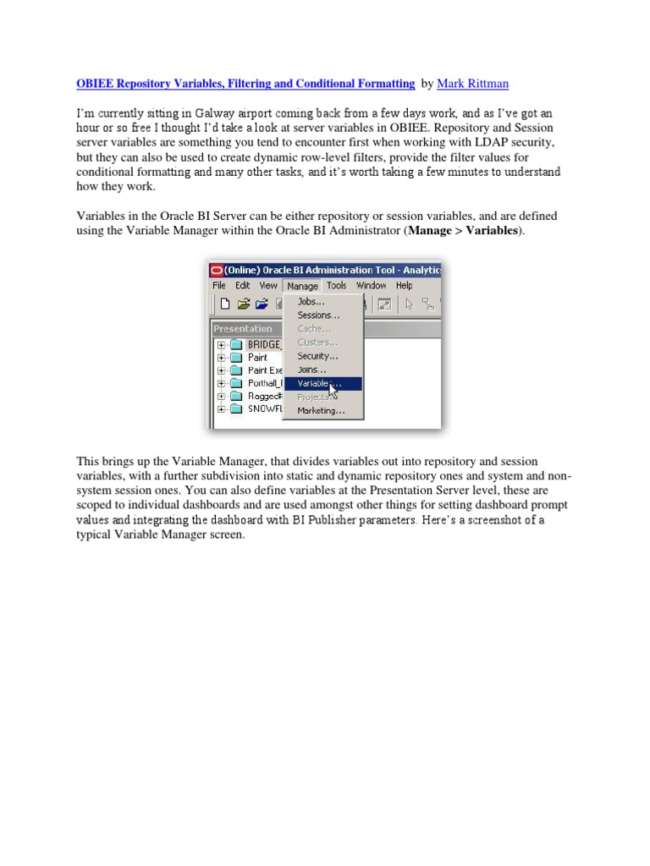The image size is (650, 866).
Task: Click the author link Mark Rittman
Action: [x=472, y=84]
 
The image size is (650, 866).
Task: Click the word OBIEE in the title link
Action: [x=99, y=84]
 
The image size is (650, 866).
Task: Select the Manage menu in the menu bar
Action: [x=302, y=286]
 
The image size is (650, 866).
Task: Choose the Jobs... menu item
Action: [x=311, y=301]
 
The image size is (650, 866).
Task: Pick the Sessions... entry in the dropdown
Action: [x=318, y=315]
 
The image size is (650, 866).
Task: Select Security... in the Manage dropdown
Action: [x=317, y=356]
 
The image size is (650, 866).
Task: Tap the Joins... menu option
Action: [x=311, y=370]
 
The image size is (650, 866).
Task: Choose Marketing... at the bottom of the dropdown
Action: [x=321, y=411]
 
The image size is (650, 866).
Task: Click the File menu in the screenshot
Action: [x=219, y=286]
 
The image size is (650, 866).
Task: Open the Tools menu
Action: [x=337, y=286]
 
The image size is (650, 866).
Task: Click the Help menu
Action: [x=405, y=286]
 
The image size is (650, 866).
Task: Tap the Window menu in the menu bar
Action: [x=371, y=286]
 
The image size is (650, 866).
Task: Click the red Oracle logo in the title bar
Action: [x=217, y=270]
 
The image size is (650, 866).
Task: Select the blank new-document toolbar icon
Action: [x=224, y=304]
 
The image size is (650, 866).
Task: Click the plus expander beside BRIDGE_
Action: [x=221, y=345]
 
